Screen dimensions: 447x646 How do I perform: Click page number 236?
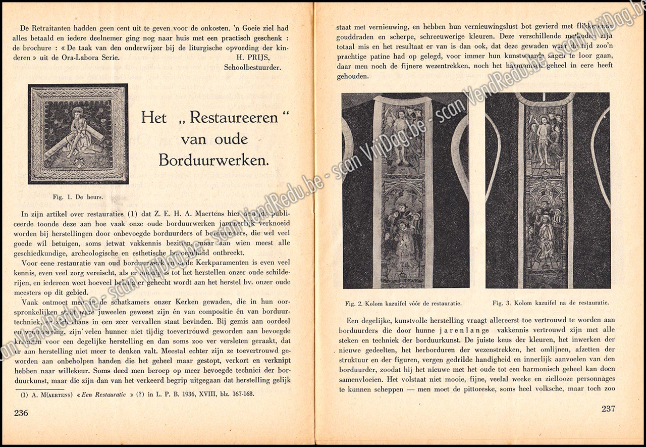[21, 413]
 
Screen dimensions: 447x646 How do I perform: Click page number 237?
[608, 409]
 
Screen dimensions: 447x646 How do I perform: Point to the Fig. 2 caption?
[403, 304]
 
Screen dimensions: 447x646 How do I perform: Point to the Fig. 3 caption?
[550, 303]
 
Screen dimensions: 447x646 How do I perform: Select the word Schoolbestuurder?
[252, 67]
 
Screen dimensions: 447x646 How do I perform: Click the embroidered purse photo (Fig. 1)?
[78, 134]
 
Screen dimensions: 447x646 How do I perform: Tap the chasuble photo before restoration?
[405, 190]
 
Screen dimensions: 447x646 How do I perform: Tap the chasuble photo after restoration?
[548, 190]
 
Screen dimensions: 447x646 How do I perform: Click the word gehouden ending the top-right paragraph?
[353, 76]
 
